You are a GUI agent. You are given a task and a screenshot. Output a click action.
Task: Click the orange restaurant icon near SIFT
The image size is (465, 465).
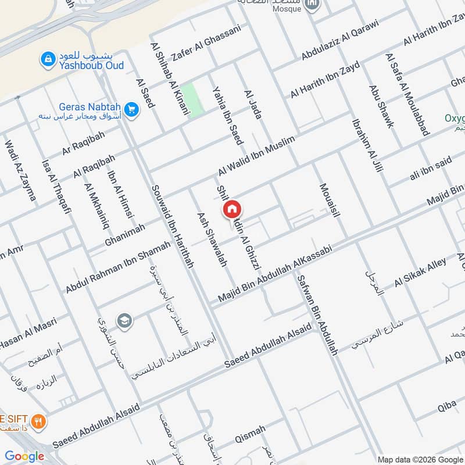pyautogui.click(x=39, y=422)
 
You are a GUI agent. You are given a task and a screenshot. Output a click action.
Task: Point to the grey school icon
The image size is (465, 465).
pyautogui.click(x=124, y=320)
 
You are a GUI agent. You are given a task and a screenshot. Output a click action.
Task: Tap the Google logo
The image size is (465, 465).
pyautogui.click(x=24, y=456)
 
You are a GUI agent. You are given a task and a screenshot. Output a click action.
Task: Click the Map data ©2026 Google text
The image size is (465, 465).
pyautogui.click(x=420, y=459)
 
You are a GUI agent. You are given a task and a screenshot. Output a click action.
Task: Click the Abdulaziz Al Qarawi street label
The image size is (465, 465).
pyautogui.click(x=340, y=40)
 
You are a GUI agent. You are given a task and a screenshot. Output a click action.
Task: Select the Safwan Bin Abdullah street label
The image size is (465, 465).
pyautogui.click(x=317, y=314)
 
